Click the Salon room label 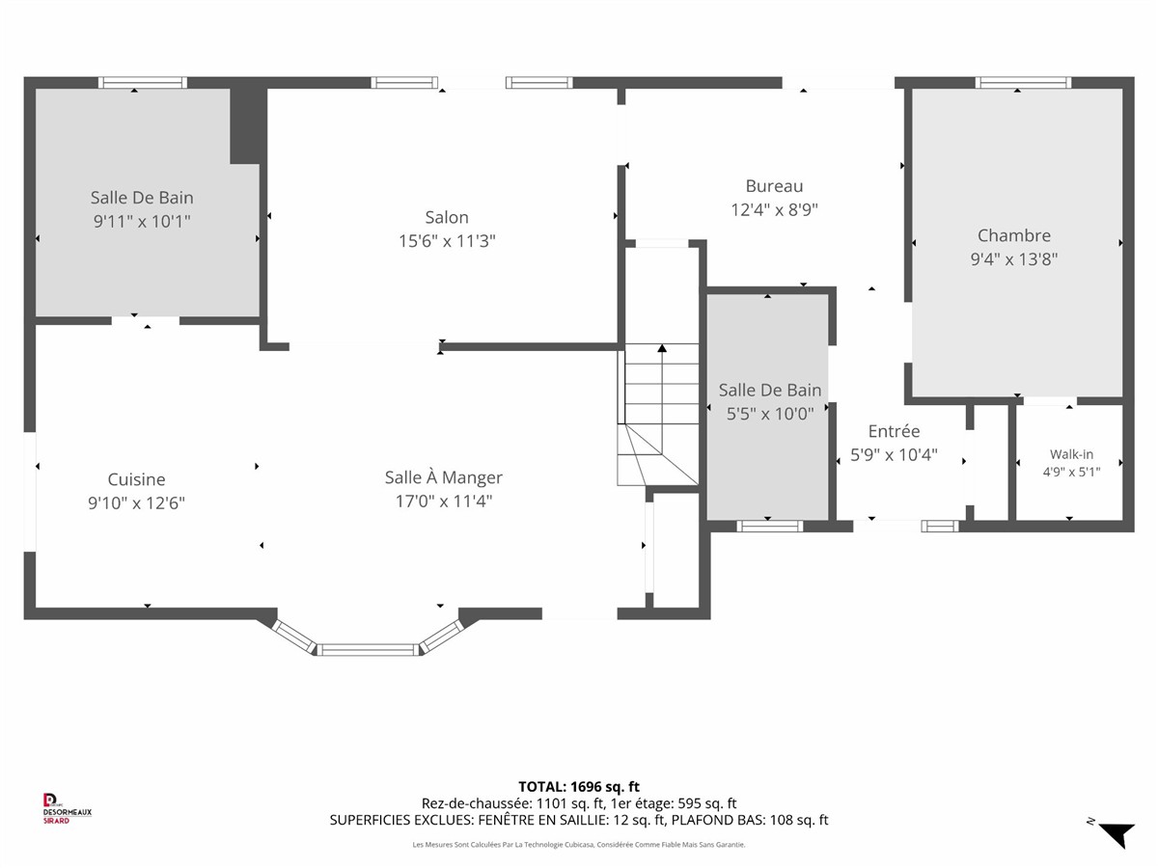447,217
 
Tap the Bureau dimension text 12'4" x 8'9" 774,209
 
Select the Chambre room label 1013,235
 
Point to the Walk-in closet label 1071,453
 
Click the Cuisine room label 136,479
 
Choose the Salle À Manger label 443,477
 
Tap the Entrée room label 894,430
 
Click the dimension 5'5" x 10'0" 770,414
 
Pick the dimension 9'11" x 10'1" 142,221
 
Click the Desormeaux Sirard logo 67,808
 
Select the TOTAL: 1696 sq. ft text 579,787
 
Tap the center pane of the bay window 368,649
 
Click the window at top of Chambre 1023,83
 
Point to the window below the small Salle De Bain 770,526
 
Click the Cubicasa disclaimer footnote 579,845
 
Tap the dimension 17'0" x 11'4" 444,501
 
